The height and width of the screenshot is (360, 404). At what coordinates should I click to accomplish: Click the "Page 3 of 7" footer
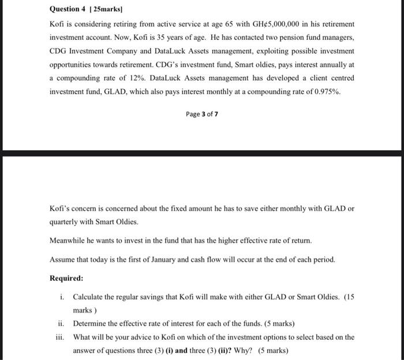point(202,114)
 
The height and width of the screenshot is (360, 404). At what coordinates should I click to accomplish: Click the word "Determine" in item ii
point(90,324)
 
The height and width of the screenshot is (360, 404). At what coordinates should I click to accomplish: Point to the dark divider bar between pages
point(202,153)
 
